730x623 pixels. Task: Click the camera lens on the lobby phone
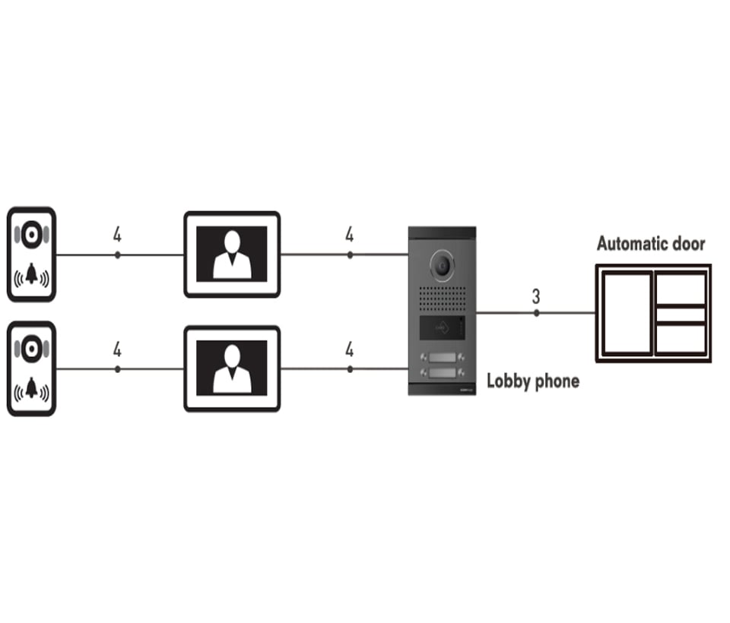click(441, 264)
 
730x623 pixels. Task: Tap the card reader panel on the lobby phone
click(442, 330)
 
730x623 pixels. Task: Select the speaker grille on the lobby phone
click(442, 299)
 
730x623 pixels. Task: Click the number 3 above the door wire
click(536, 295)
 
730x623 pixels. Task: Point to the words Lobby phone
click(532, 381)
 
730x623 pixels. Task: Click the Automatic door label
click(650, 244)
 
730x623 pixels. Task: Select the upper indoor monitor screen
click(232, 254)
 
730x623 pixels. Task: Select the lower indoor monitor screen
click(232, 368)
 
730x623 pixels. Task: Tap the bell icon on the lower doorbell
click(31, 389)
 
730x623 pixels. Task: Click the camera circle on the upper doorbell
click(31, 235)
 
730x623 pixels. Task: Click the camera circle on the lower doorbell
click(31, 349)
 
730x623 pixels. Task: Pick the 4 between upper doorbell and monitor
click(117, 235)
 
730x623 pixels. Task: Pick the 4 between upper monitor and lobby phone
click(349, 235)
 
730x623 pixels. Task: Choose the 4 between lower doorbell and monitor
click(117, 349)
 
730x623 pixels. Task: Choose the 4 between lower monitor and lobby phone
click(349, 349)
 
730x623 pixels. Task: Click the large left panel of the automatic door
click(626, 313)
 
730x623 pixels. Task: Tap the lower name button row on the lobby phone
click(442, 373)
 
